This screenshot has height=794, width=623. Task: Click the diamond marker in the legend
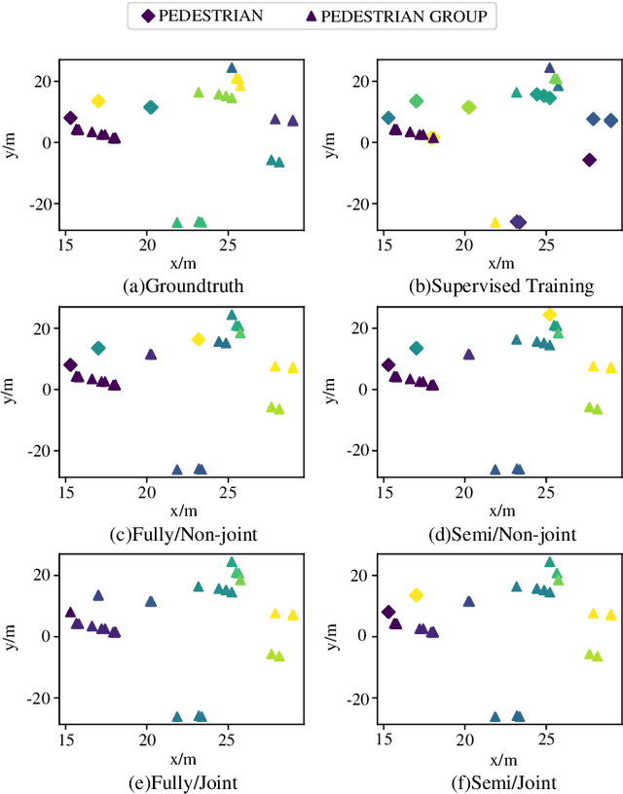click(147, 16)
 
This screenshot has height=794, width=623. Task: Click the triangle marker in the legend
click(310, 16)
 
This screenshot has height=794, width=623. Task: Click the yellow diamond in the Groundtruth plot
click(97, 101)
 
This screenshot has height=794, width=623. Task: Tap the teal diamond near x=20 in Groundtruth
click(150, 107)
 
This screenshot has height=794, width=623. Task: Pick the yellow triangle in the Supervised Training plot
click(495, 223)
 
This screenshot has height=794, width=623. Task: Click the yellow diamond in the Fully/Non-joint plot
click(198, 339)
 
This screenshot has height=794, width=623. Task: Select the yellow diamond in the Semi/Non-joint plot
click(549, 315)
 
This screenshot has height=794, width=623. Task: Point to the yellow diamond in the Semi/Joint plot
click(416, 595)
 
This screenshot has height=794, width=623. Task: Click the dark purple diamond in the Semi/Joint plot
click(388, 612)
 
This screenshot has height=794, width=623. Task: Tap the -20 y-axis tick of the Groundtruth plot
click(40, 204)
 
